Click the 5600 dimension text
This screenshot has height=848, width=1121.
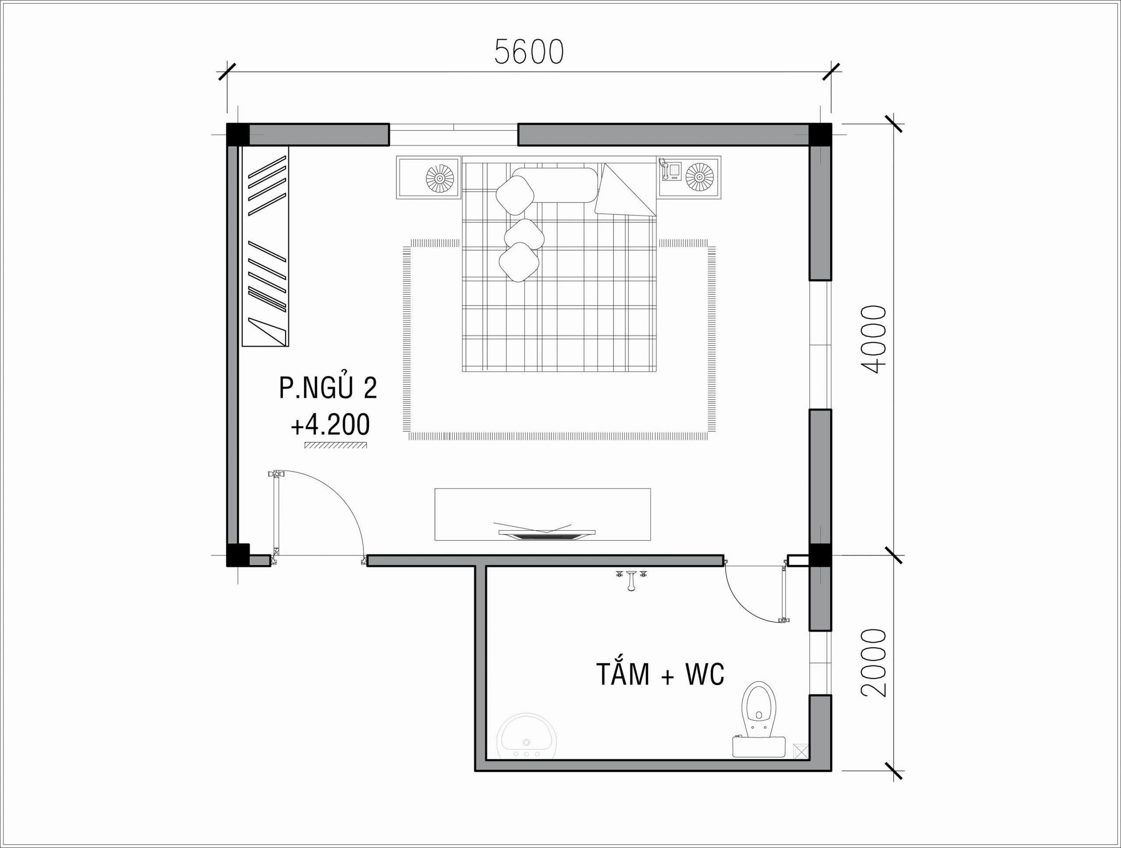tap(529, 52)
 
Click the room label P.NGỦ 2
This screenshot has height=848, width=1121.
tap(328, 387)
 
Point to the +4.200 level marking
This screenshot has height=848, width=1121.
tap(330, 425)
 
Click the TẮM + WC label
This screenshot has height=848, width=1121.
tap(660, 674)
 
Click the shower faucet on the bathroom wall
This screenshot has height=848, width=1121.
tap(631, 580)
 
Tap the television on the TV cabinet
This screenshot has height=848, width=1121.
tap(546, 533)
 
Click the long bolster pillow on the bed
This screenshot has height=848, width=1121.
tap(555, 185)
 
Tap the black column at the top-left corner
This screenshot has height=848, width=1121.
tap(238, 134)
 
